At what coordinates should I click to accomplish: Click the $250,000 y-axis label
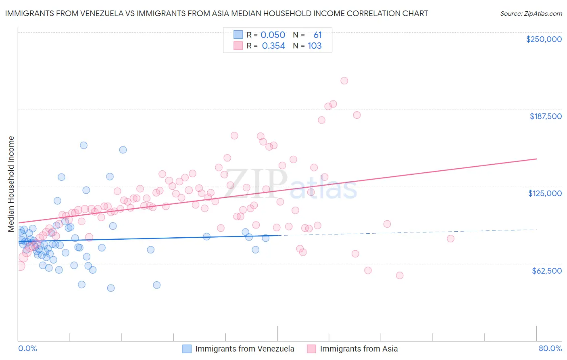tap(544, 39)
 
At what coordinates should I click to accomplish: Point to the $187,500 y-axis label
tap(545, 116)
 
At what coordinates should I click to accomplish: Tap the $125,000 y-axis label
tap(545, 193)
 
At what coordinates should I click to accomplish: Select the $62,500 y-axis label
tap(546, 271)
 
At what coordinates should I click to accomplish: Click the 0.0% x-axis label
tap(27, 348)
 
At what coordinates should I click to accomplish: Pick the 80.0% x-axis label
tap(550, 348)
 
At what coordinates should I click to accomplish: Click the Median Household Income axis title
tap(11, 184)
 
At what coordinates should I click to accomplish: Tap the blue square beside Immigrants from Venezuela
tap(187, 349)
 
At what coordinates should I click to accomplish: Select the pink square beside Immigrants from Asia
tap(311, 349)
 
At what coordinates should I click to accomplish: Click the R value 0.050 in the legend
tap(273, 35)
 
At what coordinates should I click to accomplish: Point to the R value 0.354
tap(273, 46)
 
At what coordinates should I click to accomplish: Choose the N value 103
tap(315, 46)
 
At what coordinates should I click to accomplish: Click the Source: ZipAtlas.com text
tap(531, 14)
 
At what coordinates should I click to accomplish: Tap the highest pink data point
tap(344, 81)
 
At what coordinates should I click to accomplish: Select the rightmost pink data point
tap(450, 239)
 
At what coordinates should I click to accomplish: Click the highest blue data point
tap(83, 145)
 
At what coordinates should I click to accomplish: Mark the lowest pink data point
tap(400, 275)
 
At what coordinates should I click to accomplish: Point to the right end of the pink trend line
tap(536, 159)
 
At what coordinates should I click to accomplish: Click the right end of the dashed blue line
tap(536, 229)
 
